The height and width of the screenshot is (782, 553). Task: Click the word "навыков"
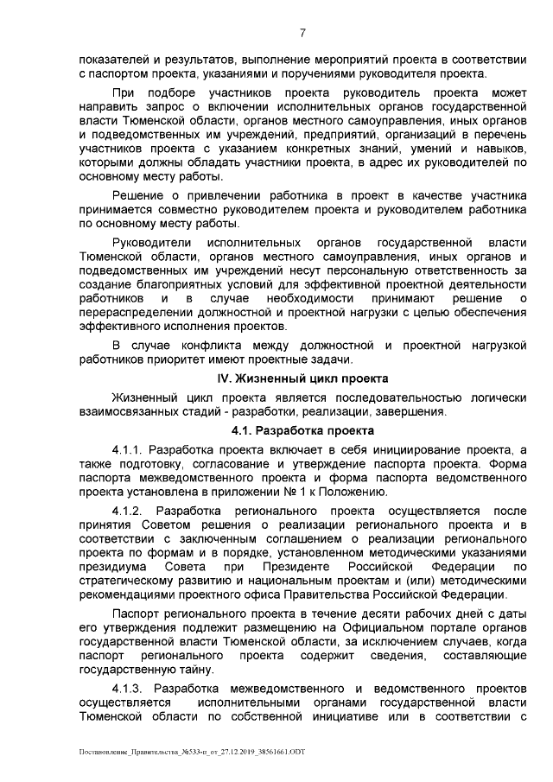[496, 160]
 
